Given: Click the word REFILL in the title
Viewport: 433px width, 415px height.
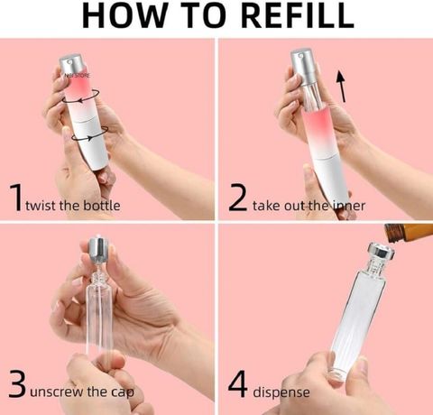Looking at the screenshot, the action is point(297,15).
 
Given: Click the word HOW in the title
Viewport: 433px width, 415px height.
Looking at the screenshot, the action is point(124,15).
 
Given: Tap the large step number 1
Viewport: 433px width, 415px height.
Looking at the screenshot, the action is point(16,197).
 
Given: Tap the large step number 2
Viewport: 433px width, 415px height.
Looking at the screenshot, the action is point(237,198).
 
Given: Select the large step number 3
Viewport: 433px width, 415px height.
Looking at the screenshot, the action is point(17,383).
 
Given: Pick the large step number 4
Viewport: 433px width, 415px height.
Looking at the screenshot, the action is point(238,383).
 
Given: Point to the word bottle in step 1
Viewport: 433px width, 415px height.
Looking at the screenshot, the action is point(101,206).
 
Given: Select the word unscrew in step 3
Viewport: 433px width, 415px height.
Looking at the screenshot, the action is point(57,392).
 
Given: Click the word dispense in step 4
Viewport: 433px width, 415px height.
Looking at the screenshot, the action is point(281,392).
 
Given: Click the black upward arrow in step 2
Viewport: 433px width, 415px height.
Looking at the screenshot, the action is point(341,87).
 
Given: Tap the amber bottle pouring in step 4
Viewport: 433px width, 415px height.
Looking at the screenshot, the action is point(409,232).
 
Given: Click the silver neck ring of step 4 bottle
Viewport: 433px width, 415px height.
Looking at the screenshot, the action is point(382,252).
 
